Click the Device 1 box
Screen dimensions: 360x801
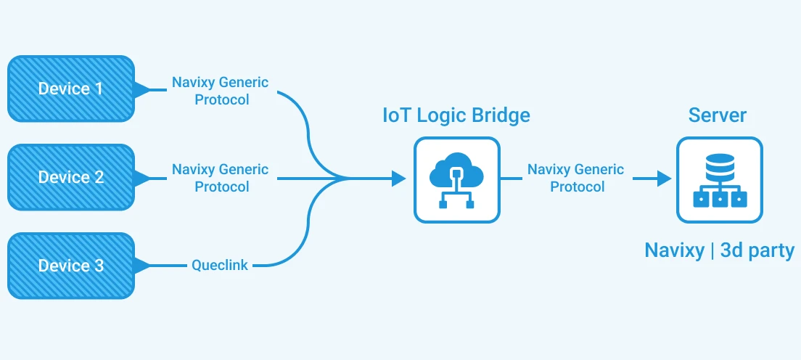click(70, 89)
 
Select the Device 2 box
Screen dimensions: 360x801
click(70, 177)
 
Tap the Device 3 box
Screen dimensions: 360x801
click(70, 266)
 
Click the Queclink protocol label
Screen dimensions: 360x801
click(220, 266)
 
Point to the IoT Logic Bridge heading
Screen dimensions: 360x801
click(456, 115)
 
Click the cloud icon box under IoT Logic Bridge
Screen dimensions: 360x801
click(456, 179)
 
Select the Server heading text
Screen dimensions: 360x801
click(718, 115)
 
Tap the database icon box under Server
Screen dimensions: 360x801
click(719, 179)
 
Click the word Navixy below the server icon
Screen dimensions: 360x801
click(674, 251)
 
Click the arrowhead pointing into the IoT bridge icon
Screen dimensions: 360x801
click(398, 178)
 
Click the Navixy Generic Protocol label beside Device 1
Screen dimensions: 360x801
click(220, 91)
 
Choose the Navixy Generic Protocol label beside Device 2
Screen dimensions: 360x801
click(220, 178)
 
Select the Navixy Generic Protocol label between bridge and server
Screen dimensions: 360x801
click(576, 178)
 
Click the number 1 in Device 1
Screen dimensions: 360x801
click(99, 89)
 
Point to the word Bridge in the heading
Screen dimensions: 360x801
click(498, 115)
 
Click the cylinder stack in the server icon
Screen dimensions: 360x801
click(719, 168)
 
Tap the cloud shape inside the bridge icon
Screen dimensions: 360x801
click(456, 173)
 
